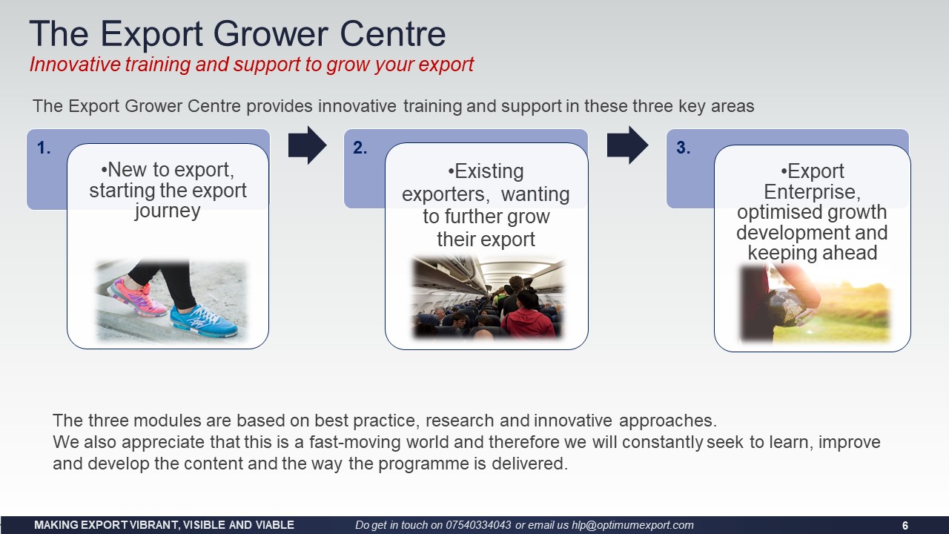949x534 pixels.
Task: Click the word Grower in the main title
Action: pyautogui.click(x=271, y=33)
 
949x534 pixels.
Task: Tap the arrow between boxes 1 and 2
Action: pyautogui.click(x=308, y=145)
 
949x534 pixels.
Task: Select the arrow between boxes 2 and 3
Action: pyautogui.click(x=627, y=145)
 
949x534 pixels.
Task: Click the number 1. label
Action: pyautogui.click(x=44, y=148)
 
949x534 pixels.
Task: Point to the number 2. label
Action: pyautogui.click(x=360, y=148)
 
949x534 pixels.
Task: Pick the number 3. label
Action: pyautogui.click(x=684, y=148)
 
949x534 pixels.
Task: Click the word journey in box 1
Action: pyautogui.click(x=168, y=211)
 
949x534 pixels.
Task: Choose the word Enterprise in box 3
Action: pyautogui.click(x=812, y=192)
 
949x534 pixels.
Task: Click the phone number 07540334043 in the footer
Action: pyautogui.click(x=478, y=525)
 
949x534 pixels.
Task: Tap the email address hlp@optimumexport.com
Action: pyautogui.click(x=632, y=526)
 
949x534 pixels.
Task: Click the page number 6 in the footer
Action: pyautogui.click(x=905, y=526)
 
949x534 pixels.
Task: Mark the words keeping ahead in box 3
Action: pyautogui.click(x=812, y=253)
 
